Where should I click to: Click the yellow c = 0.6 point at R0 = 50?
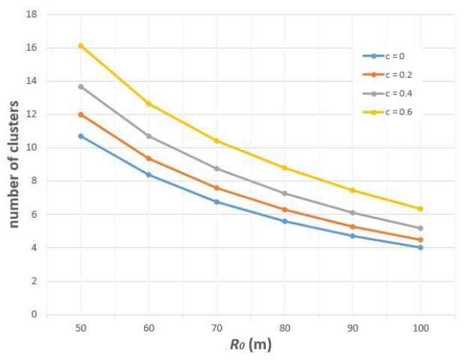point(81,46)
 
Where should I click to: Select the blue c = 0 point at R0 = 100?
point(420,247)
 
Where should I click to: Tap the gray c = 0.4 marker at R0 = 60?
point(149,135)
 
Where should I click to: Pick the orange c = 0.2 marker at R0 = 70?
point(216,188)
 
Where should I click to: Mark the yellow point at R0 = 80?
point(285,168)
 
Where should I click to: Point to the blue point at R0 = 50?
point(81,135)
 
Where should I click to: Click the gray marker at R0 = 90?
point(353,213)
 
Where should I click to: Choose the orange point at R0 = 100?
point(420,240)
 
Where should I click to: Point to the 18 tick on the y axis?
point(34,14)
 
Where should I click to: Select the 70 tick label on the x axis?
point(216,327)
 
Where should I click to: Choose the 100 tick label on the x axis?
point(420,327)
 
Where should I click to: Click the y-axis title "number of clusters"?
point(13,164)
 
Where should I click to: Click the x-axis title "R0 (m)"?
point(250,345)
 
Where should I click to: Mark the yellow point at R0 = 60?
point(149,103)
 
